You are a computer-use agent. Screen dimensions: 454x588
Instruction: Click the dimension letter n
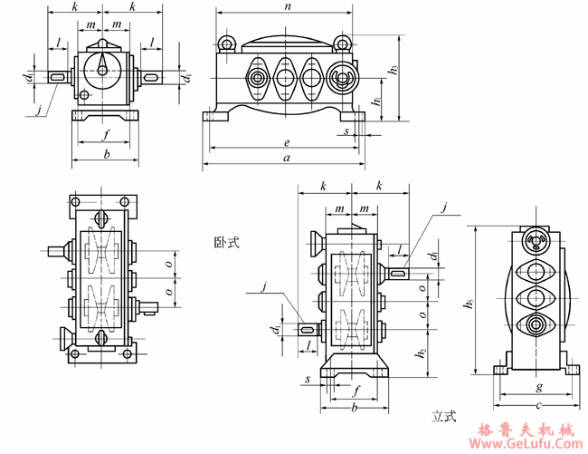287,6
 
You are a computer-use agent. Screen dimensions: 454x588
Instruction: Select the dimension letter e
286,142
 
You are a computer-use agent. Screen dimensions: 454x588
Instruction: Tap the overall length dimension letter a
287,159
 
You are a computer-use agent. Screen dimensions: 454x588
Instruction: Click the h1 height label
375,101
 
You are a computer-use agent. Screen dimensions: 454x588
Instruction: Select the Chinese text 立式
443,417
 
